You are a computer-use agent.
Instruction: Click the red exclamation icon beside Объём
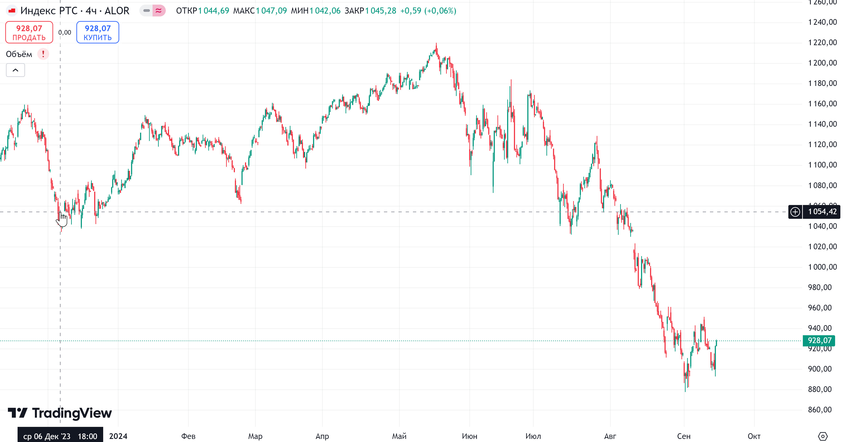tap(43, 54)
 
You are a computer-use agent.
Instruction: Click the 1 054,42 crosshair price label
tap(822, 212)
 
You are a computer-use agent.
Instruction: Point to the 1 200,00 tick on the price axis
tap(822, 63)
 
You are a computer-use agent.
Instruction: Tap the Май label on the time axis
tap(399, 436)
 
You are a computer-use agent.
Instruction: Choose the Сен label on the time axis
tap(684, 436)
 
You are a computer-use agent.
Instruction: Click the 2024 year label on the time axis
tap(118, 436)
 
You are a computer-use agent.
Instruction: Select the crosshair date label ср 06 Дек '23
tap(60, 436)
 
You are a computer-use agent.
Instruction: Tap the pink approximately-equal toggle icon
tap(159, 11)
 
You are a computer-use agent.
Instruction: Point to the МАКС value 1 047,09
tap(271, 11)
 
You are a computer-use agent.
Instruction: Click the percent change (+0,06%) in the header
tap(440, 11)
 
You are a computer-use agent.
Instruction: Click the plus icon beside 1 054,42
tap(795, 212)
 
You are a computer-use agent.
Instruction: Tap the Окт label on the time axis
tap(754, 436)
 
